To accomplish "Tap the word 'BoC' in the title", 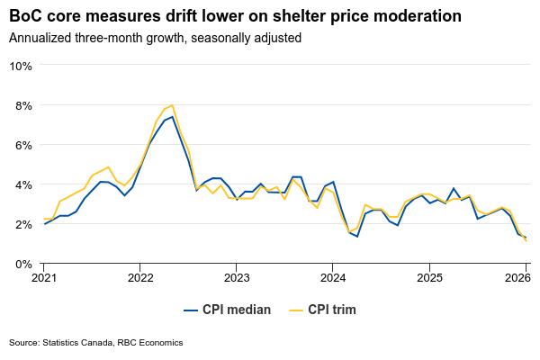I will click(27, 16).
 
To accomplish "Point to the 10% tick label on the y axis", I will click(21, 66).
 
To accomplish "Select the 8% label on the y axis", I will click(23, 105).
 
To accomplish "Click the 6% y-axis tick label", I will click(23, 145).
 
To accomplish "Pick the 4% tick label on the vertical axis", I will click(23, 184).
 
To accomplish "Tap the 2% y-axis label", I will click(23, 224).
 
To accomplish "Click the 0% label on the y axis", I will click(23, 264).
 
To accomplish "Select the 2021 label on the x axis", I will click(43, 278).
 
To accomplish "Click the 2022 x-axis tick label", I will click(139, 278).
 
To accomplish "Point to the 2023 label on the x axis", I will click(236, 278).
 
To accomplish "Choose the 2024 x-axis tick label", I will click(332, 278).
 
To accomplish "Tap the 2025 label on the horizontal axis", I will click(428, 278).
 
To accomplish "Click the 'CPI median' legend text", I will click(237, 310).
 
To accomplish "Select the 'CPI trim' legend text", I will click(332, 310).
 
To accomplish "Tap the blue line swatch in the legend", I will click(191, 310).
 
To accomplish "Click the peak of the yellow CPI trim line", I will click(172, 105).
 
